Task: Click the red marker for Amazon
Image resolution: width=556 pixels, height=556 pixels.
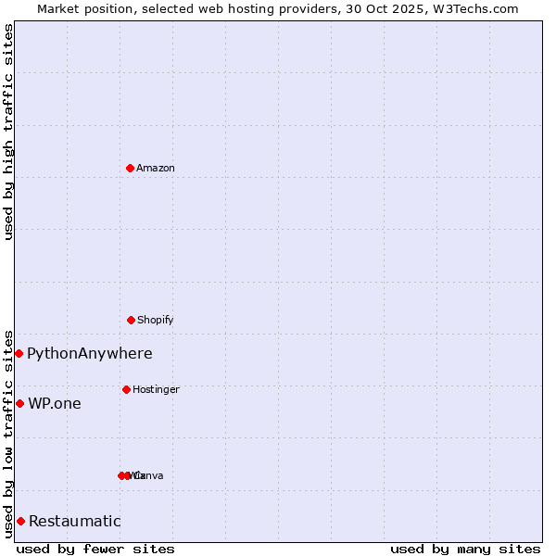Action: click(x=130, y=168)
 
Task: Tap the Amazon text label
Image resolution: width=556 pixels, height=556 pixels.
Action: click(x=155, y=168)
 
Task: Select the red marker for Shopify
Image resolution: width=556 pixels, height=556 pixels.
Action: click(x=131, y=320)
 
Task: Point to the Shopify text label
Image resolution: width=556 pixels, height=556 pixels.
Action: click(x=155, y=320)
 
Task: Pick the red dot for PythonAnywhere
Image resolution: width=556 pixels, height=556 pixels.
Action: click(x=19, y=353)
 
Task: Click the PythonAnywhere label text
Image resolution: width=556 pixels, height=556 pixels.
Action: click(x=89, y=353)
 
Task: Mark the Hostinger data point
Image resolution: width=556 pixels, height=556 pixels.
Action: click(x=126, y=389)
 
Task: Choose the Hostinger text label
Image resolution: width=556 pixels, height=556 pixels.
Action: click(x=156, y=389)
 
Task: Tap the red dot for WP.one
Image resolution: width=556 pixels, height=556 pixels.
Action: click(x=19, y=403)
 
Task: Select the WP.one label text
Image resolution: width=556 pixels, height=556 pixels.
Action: click(x=55, y=403)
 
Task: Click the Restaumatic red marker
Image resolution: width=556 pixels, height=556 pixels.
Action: click(x=20, y=521)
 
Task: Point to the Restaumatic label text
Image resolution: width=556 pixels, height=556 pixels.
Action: click(x=74, y=521)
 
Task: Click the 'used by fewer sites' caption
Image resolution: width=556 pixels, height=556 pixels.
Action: click(x=95, y=549)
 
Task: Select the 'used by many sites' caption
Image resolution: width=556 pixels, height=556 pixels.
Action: click(x=465, y=549)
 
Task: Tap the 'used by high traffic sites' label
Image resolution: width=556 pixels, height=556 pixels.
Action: click(x=8, y=132)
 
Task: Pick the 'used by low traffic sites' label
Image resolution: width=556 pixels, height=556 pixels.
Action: click(x=8, y=433)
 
